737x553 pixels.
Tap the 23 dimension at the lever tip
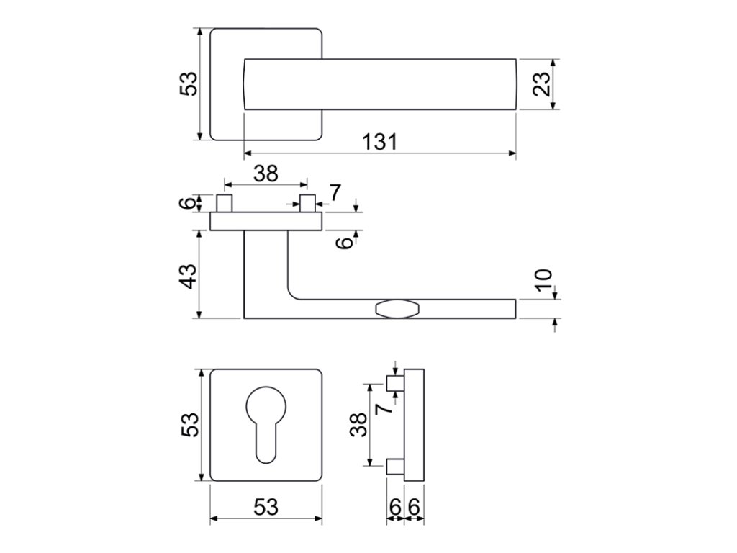[543, 84]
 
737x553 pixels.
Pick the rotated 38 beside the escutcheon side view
[357, 425]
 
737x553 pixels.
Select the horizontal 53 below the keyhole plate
[266, 508]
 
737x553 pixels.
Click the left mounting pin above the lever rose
[225, 203]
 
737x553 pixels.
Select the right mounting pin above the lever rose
[307, 203]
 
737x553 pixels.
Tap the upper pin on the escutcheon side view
[395, 383]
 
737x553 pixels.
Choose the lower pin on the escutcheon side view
[395, 467]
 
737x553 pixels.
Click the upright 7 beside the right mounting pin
[335, 192]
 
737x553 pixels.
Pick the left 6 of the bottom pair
[395, 508]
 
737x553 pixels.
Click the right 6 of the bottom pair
[414, 508]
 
